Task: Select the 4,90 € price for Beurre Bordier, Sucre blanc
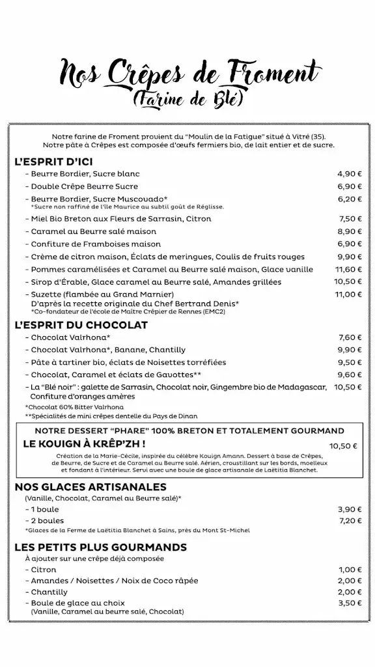[x=348, y=174]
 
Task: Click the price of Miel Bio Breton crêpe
[x=350, y=219]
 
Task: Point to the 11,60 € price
[x=348, y=269]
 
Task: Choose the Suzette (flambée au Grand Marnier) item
[x=87, y=294]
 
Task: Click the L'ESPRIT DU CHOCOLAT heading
[x=81, y=324]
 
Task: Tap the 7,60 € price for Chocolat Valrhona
[x=349, y=337]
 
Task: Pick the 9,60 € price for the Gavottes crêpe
[x=349, y=375]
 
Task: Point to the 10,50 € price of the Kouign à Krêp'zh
[x=343, y=446]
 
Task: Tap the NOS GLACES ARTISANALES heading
[x=90, y=487]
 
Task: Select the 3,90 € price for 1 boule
[x=349, y=509]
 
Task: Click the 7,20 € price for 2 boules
[x=349, y=521]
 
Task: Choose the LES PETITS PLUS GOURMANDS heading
[x=101, y=547]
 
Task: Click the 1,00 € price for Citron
[x=349, y=569]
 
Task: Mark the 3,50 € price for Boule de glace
[x=349, y=604]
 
